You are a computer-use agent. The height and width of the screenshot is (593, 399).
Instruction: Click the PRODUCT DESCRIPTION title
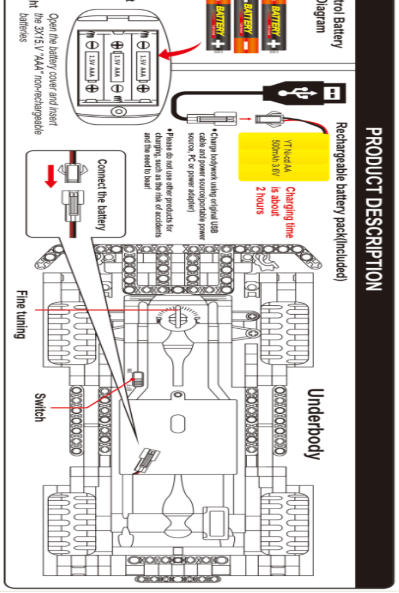pyautogui.click(x=373, y=208)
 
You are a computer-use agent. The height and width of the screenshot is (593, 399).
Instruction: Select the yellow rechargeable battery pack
pyautogui.click(x=283, y=157)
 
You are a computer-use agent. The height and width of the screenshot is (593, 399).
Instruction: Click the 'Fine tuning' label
pyautogui.click(x=20, y=314)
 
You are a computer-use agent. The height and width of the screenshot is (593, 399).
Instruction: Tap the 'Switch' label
pyautogui.click(x=40, y=407)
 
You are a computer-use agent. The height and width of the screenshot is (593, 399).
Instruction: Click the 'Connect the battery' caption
pyautogui.click(x=101, y=194)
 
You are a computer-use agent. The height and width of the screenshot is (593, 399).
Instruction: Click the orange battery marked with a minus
pyautogui.click(x=246, y=26)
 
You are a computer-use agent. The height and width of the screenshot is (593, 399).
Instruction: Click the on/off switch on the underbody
pyautogui.click(x=138, y=379)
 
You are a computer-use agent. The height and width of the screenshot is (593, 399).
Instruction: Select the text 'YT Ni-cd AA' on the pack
pyautogui.click(x=288, y=155)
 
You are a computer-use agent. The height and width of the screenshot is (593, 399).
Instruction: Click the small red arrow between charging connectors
pyautogui.click(x=246, y=118)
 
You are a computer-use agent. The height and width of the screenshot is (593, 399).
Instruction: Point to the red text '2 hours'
pyautogui.click(x=260, y=200)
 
